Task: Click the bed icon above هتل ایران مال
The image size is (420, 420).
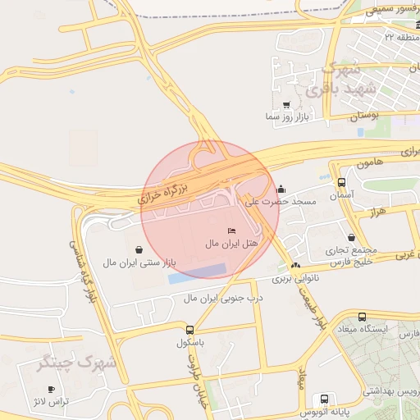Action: (x=231, y=231)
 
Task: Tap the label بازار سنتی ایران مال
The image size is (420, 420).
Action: (x=139, y=262)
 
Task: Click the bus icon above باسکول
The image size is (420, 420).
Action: (x=189, y=330)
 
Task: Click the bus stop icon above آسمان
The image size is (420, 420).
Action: (x=341, y=182)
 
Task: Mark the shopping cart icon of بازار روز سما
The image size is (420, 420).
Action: (x=285, y=105)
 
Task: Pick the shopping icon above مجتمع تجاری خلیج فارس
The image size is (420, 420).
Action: (x=352, y=237)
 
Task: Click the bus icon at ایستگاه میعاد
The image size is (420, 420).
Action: (x=362, y=317)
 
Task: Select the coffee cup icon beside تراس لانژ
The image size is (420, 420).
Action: (x=52, y=389)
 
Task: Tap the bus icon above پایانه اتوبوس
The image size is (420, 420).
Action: (x=325, y=399)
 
